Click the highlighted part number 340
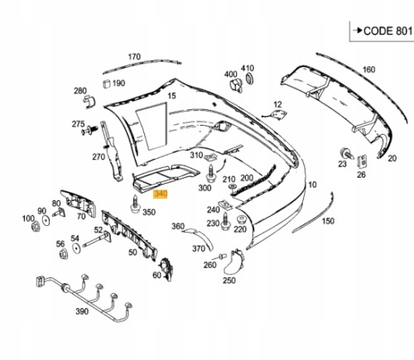[x=161, y=194]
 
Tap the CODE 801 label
[x=388, y=31]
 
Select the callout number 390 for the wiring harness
[x=82, y=311]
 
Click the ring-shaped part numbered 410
[x=250, y=79]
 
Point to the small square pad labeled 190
[x=107, y=84]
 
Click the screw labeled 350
[x=135, y=205]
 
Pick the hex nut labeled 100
[x=36, y=227]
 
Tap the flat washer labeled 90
[x=46, y=221]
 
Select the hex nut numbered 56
[x=64, y=254]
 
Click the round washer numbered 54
[x=76, y=248]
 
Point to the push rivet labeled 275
[x=89, y=130]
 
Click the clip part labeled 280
[x=89, y=102]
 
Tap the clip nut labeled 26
[x=362, y=161]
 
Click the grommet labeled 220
[x=241, y=219]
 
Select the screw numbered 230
[x=225, y=222]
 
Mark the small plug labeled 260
[x=223, y=257]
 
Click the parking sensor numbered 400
[x=236, y=85]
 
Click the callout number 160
[x=368, y=70]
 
